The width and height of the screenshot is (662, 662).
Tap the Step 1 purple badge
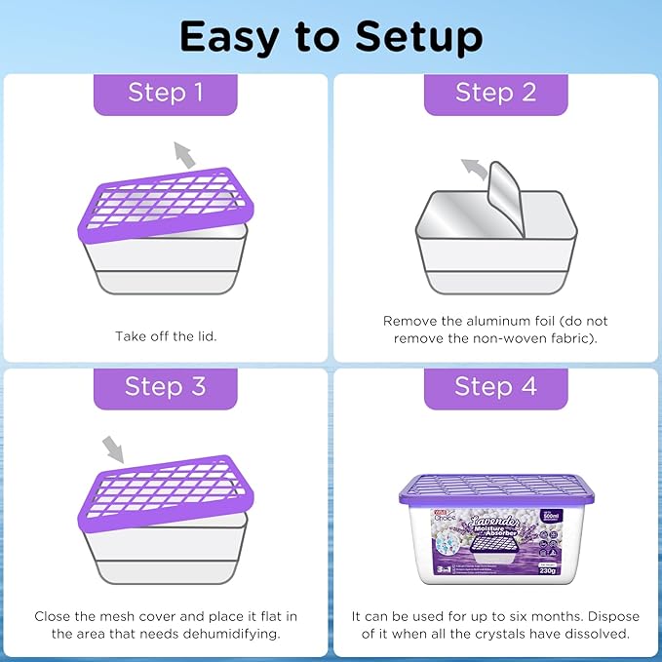click(x=166, y=93)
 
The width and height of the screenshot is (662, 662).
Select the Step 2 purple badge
click(x=495, y=93)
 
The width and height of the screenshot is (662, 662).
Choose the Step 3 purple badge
click(x=166, y=386)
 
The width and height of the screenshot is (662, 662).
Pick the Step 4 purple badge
click(x=495, y=386)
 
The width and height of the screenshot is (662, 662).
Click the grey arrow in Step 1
click(x=182, y=153)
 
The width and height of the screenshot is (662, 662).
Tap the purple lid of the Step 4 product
click(x=496, y=487)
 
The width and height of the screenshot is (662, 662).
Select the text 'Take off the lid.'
click(x=166, y=336)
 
